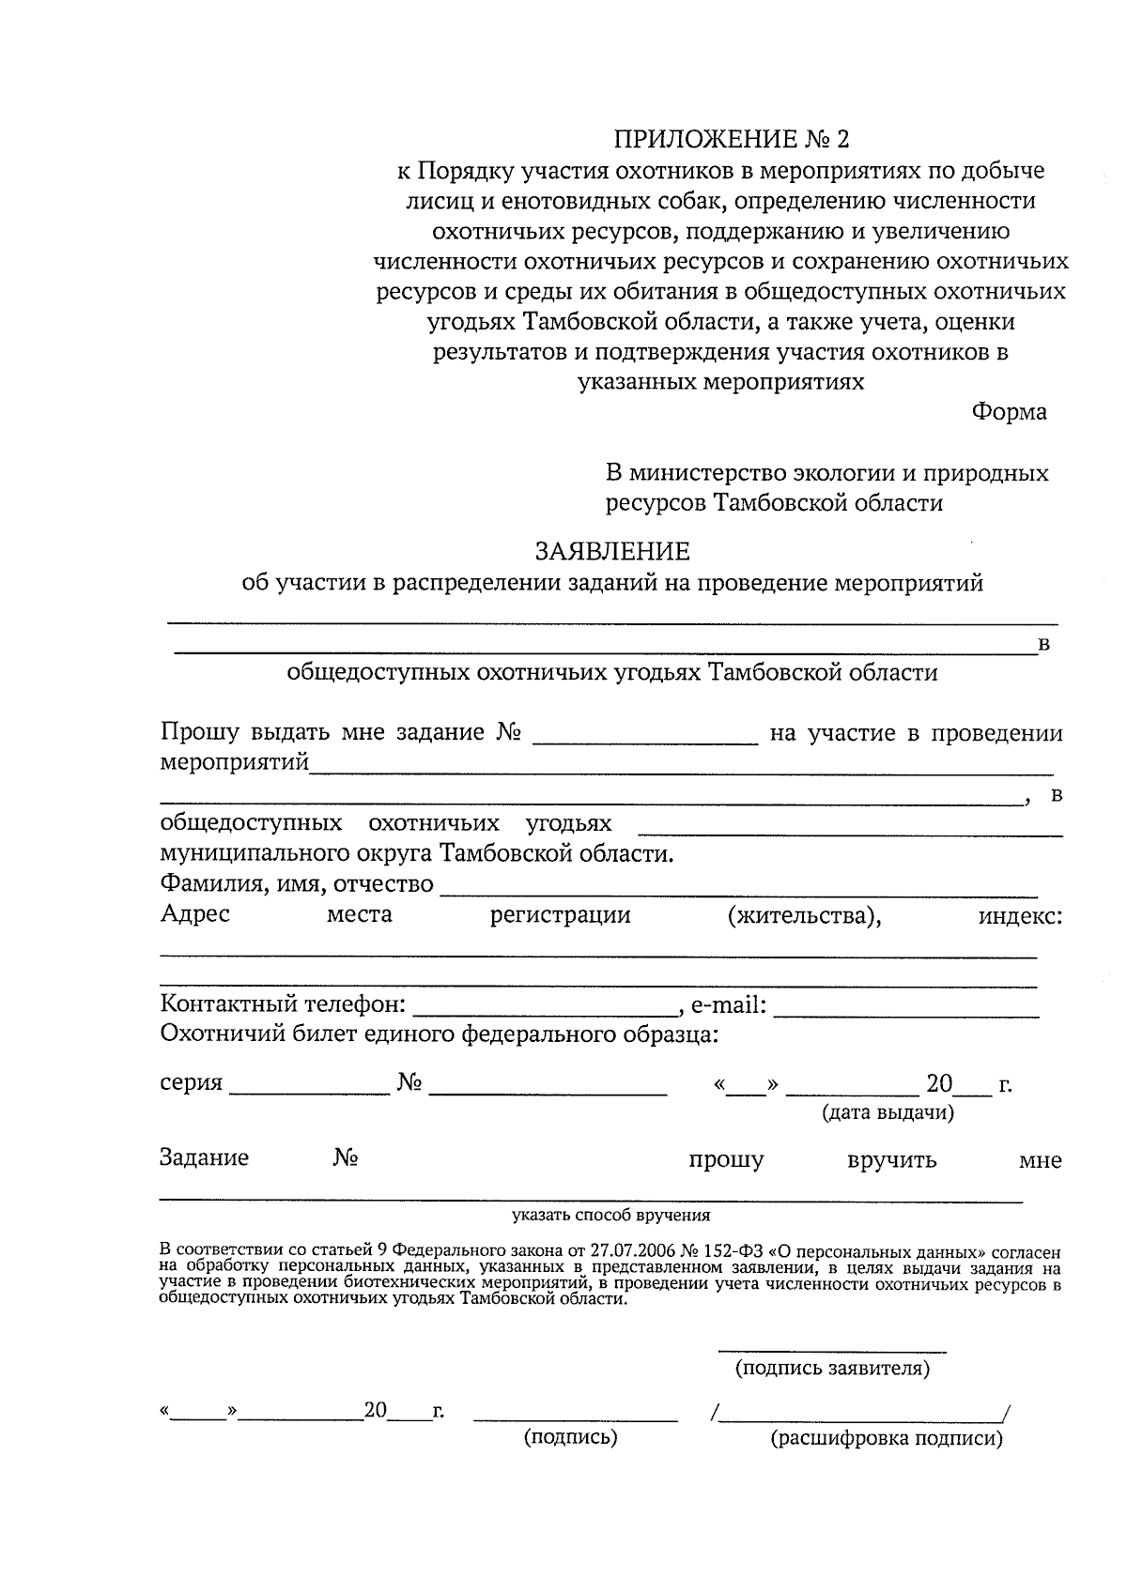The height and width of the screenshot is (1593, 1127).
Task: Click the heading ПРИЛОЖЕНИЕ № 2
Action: (x=731, y=140)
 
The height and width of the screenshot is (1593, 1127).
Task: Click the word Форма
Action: (x=1009, y=412)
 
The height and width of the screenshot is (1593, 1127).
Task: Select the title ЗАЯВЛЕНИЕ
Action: (x=612, y=551)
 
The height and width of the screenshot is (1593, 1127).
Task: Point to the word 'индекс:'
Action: (x=1021, y=915)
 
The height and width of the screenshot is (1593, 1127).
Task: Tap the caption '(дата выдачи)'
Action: (x=888, y=1113)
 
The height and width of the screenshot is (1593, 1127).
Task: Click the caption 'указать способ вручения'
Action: (x=610, y=1216)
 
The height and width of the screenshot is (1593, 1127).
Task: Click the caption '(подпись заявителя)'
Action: (x=832, y=1369)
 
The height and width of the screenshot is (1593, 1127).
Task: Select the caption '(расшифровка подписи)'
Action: (x=887, y=1438)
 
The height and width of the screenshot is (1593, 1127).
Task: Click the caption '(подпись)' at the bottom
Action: (x=570, y=1437)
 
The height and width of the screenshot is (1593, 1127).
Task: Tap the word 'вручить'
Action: (x=891, y=1160)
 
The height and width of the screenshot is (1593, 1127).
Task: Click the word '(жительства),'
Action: (x=805, y=915)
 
